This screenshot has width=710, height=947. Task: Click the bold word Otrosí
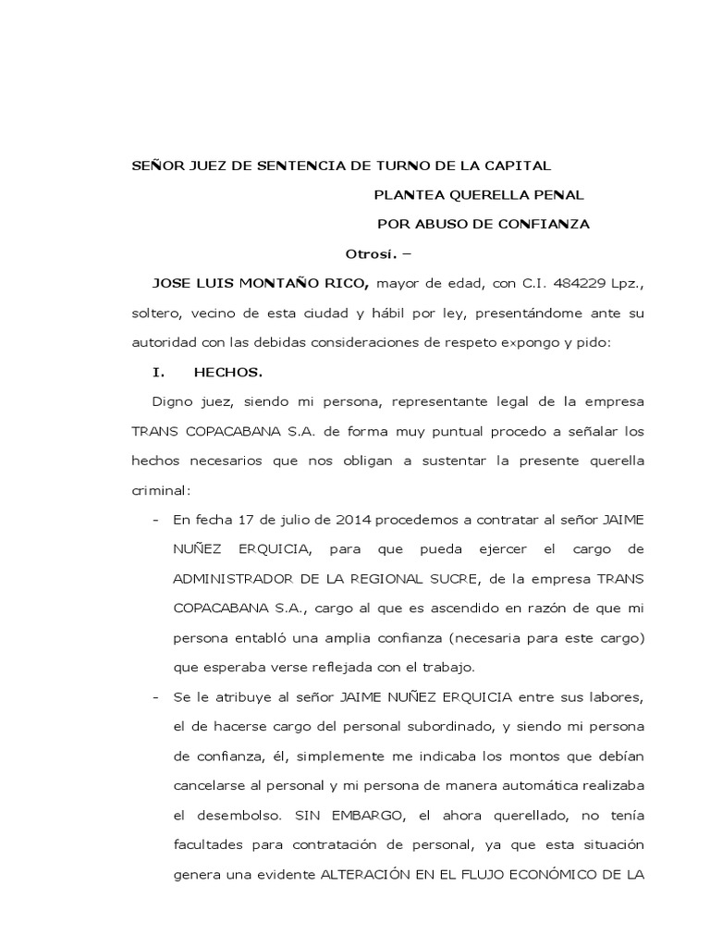371,253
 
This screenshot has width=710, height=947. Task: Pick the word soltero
154,313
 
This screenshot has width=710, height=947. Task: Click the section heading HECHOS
228,372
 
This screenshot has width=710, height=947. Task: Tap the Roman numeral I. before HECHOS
157,372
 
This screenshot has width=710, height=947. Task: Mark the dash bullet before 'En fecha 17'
154,520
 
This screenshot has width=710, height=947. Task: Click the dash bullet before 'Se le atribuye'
154,697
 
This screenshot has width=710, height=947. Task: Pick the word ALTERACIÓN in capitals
361,875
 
